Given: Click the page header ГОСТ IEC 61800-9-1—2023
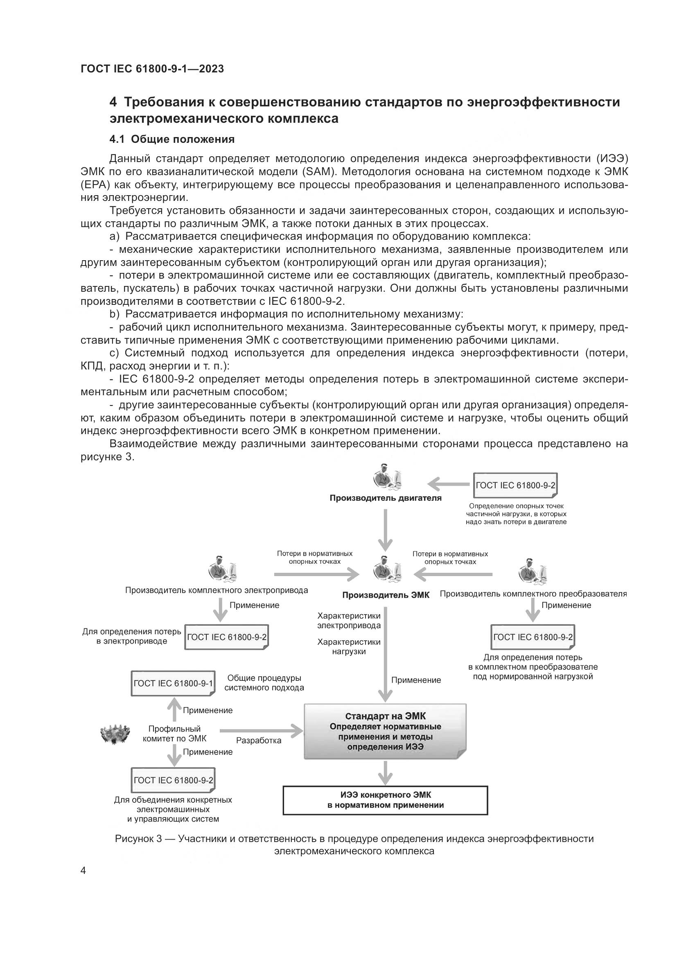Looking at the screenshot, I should (152, 69).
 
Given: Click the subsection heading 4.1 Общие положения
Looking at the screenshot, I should (172, 139).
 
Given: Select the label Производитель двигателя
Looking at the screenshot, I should (385, 498).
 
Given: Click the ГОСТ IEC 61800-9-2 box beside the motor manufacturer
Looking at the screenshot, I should (515, 485).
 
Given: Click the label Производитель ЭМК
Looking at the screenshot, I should (386, 595).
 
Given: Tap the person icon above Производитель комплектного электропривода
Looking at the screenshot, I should (221, 570).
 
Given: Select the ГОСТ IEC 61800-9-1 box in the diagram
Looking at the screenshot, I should (173, 684).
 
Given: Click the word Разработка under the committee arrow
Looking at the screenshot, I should (258, 741).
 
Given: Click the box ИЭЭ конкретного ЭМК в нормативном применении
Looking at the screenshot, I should (385, 800).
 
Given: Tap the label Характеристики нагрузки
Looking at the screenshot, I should (349, 647).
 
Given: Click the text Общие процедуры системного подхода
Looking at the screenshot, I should (264, 683).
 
